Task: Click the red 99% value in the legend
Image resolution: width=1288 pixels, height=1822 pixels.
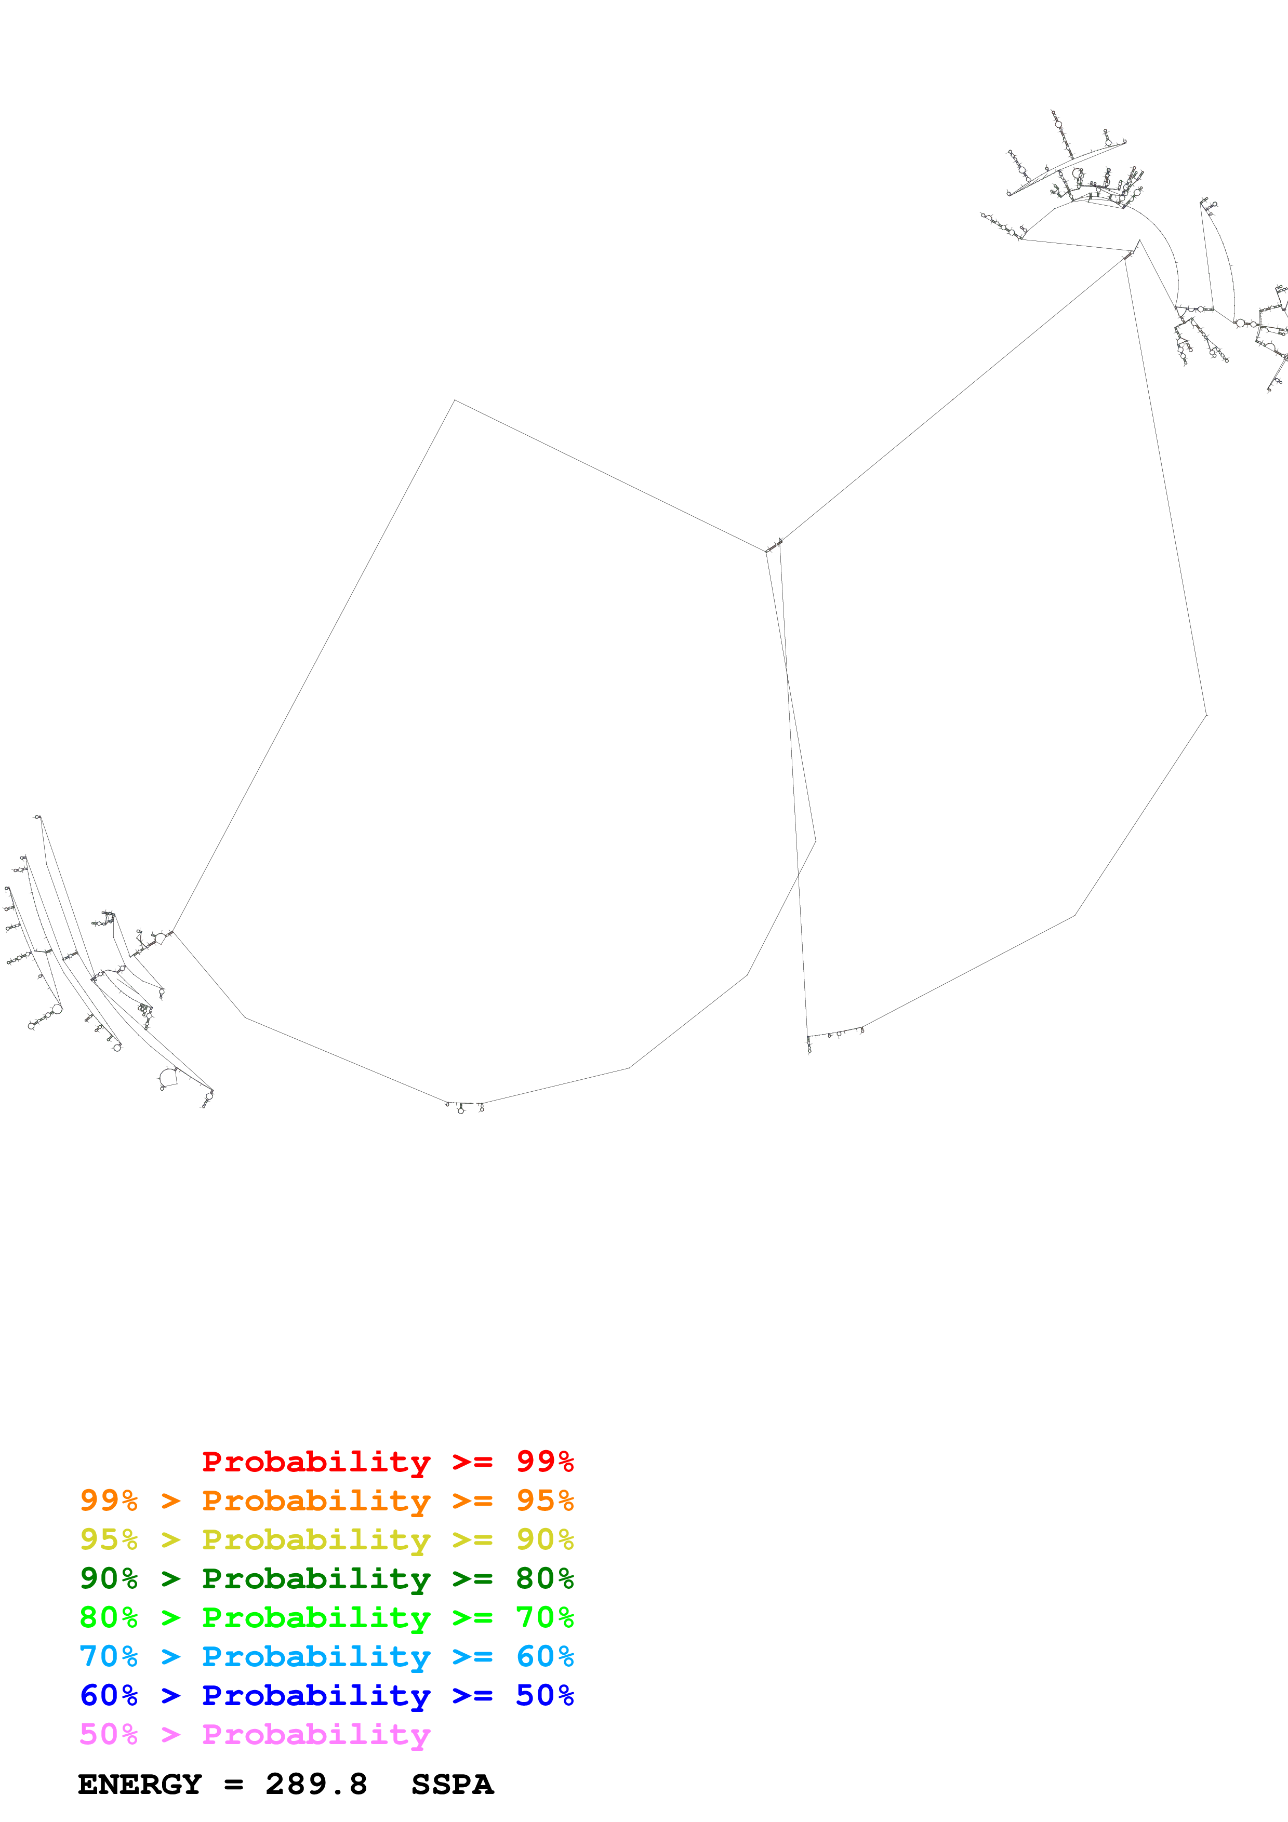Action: [545, 1461]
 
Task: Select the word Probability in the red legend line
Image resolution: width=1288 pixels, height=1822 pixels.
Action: [316, 1461]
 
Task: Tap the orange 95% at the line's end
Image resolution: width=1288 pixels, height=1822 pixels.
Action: [545, 1500]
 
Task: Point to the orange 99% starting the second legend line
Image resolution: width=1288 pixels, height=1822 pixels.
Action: [109, 1500]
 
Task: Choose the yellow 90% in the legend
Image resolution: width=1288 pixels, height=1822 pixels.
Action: [545, 1539]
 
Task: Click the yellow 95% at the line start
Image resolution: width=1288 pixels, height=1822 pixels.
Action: [109, 1539]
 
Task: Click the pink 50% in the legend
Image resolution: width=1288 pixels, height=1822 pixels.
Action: [109, 1734]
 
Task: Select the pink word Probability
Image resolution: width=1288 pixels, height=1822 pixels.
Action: [316, 1734]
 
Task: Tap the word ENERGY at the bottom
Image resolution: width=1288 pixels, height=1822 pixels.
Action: [140, 1784]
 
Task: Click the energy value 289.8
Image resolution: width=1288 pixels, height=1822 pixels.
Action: [316, 1784]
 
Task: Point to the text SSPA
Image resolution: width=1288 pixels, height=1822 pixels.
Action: [453, 1784]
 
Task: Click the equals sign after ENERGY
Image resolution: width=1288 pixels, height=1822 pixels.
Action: [233, 1785]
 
